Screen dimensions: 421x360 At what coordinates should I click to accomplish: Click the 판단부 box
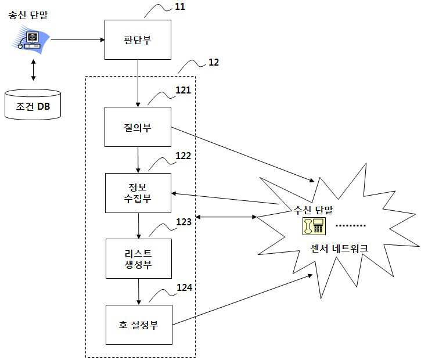point(138,39)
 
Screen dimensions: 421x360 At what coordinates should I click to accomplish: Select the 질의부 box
point(138,127)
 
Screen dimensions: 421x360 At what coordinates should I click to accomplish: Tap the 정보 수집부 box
point(138,193)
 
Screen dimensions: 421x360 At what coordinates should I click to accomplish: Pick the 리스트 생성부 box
point(139,259)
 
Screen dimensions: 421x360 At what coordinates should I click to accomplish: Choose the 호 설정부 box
point(139,325)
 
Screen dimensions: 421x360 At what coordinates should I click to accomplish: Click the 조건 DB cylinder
point(33,105)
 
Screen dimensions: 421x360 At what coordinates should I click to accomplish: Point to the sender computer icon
point(30,39)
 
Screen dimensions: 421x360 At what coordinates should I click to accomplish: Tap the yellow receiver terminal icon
point(314,226)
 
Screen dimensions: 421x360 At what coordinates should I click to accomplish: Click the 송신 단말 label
point(28,15)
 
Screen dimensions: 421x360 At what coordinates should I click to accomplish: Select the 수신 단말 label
point(313,210)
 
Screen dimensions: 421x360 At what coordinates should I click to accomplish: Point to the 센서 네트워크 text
point(339,249)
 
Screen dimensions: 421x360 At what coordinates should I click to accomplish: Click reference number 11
point(180,6)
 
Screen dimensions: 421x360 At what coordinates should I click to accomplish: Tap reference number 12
point(214,62)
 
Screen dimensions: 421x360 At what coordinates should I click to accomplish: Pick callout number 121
point(183,90)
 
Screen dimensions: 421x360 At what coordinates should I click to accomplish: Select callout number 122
point(183,156)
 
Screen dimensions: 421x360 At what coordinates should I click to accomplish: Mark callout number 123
point(183,222)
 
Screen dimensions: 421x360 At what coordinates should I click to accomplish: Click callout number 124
point(185,287)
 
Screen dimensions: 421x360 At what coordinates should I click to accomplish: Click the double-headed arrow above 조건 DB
point(33,70)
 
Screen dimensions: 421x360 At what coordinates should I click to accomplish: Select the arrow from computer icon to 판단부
point(78,39)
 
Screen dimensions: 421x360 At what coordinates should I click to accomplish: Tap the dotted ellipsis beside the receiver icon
point(351,225)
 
